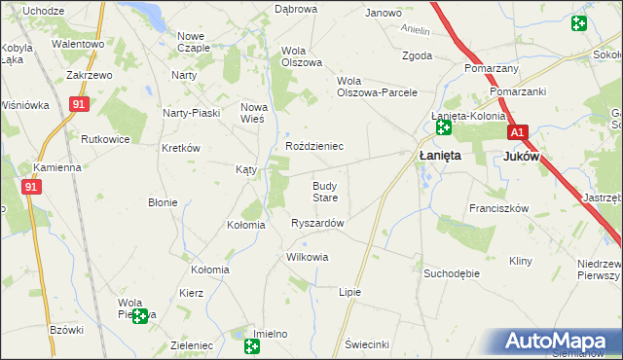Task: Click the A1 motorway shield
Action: coord(517,132)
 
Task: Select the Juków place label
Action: coord(521,156)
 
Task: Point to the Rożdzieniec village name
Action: coord(313,146)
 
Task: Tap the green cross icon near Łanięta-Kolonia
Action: coord(444,127)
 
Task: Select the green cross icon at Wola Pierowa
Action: coord(141,316)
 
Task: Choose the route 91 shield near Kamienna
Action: coord(31,187)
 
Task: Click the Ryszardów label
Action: coord(317,223)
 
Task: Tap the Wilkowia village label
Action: coord(307,258)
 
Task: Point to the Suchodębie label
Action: coord(451,273)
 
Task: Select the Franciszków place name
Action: coord(497,208)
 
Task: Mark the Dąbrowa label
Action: coord(296,9)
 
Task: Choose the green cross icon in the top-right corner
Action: coord(579,22)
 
